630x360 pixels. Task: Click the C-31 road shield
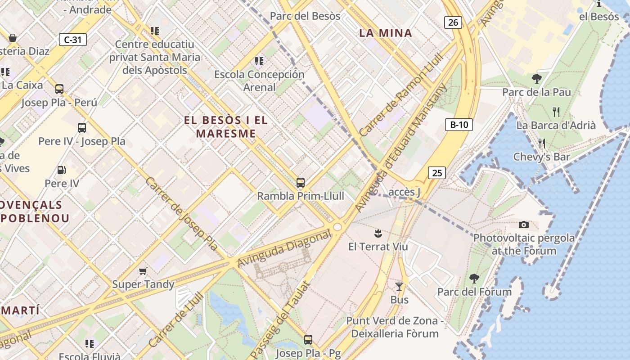pos(72,40)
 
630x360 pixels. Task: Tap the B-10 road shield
pos(459,125)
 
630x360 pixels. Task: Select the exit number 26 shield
pos(453,22)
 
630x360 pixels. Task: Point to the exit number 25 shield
pos(436,172)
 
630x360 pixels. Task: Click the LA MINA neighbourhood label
pos(386,33)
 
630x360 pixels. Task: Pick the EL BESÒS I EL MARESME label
pos(226,127)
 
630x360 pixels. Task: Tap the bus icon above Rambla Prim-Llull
pos(300,183)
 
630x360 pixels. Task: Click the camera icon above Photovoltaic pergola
pos(523,225)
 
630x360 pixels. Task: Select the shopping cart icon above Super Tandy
pos(143,271)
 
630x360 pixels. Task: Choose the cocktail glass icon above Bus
pos(399,287)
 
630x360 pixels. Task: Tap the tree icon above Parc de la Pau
pos(536,79)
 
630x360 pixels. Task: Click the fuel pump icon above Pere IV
pos(61,170)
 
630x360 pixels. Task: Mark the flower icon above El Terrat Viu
pos(378,233)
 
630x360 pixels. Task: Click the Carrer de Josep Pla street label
pos(182,213)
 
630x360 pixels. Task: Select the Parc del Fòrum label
pos(474,292)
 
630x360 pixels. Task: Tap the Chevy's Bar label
pos(541,157)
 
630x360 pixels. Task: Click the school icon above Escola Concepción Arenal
pos(259,61)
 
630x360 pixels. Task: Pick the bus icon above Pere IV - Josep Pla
pos(81,128)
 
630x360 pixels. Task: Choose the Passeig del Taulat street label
pos(280,320)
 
